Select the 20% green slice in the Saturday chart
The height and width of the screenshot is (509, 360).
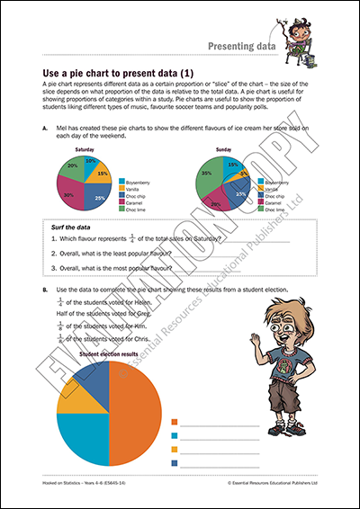70,167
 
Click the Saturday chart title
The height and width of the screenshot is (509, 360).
85,150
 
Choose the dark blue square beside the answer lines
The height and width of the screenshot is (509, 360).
174,463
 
